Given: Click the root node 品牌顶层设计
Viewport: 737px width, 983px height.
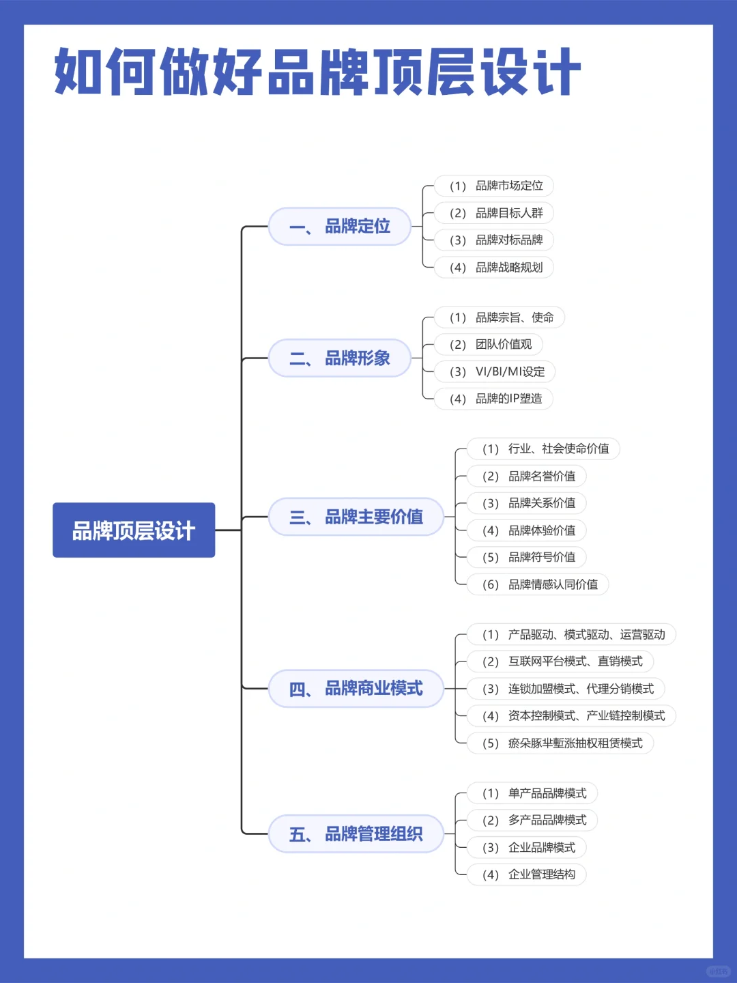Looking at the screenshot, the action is (x=134, y=530).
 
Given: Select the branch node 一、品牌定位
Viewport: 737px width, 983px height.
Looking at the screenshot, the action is (x=340, y=226).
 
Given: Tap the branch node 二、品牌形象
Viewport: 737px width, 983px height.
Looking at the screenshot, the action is (x=340, y=358).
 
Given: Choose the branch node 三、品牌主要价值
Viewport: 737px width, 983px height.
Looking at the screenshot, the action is (x=356, y=517).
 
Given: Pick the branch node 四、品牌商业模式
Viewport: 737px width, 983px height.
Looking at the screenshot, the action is (x=356, y=688).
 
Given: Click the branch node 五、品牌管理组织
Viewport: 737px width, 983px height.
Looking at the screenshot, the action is (x=356, y=834).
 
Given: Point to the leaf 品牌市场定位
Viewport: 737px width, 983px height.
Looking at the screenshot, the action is (x=494, y=186).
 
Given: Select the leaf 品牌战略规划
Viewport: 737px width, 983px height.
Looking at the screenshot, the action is (x=494, y=267).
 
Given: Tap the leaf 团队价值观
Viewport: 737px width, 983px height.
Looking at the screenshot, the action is (x=489, y=344).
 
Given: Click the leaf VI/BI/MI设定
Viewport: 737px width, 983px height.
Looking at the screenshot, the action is (x=495, y=371).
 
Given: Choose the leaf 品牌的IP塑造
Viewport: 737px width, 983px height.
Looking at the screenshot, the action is (x=494, y=399).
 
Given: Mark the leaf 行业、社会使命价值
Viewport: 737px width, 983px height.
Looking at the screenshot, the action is (x=543, y=448).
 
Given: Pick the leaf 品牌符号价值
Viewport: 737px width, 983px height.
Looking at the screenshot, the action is (x=527, y=557).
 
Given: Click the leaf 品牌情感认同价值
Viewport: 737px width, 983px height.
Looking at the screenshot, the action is (x=538, y=584).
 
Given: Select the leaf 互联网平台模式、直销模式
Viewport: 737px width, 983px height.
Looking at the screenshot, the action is (x=560, y=661).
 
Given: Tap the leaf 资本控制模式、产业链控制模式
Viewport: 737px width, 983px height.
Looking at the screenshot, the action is (x=571, y=715).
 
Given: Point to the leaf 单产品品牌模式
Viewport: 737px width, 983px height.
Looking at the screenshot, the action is (x=532, y=793).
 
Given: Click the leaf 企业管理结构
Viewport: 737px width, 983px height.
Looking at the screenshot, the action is (x=527, y=874).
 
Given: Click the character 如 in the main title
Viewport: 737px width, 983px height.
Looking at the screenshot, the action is (x=79, y=72).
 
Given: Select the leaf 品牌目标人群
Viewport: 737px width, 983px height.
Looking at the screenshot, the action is (x=494, y=213).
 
